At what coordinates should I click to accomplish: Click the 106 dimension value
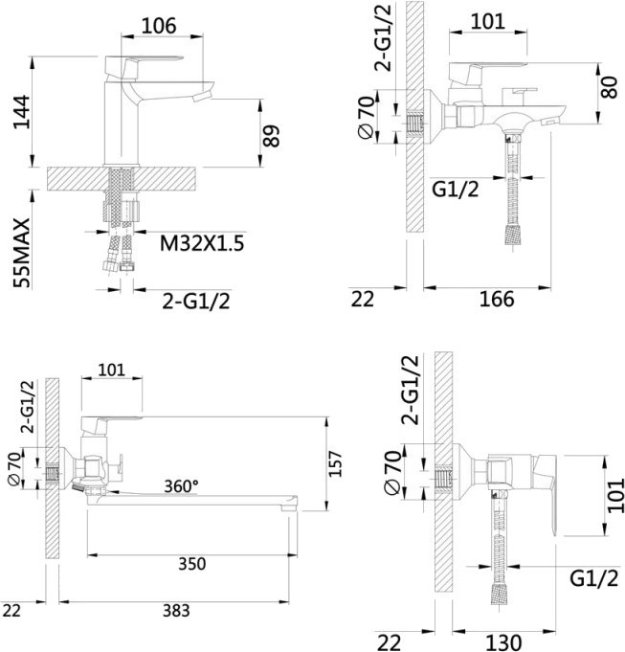click(x=159, y=26)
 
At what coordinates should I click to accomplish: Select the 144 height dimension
click(x=22, y=112)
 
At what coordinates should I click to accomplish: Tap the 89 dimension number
click(x=272, y=136)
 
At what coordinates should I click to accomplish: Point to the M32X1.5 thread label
click(x=202, y=243)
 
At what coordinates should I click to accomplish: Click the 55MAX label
click(x=22, y=253)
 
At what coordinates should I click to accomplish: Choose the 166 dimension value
click(x=497, y=299)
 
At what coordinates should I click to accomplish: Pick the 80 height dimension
click(x=610, y=87)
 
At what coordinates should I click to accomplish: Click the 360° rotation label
click(x=181, y=485)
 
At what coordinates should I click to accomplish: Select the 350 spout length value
click(x=192, y=564)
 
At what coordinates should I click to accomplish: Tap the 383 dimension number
click(x=176, y=611)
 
